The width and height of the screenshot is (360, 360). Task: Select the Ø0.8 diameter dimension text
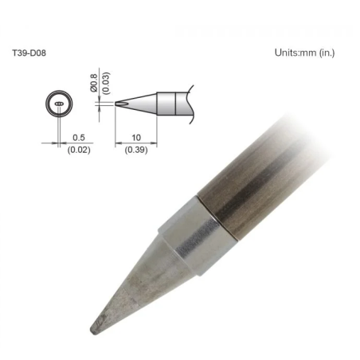click(x=95, y=80)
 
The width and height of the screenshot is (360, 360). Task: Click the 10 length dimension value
click(x=136, y=137)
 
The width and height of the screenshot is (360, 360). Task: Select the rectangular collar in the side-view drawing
click(x=166, y=103)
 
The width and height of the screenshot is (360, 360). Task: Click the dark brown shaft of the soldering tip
click(x=255, y=183)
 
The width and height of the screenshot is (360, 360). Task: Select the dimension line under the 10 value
click(x=136, y=143)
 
